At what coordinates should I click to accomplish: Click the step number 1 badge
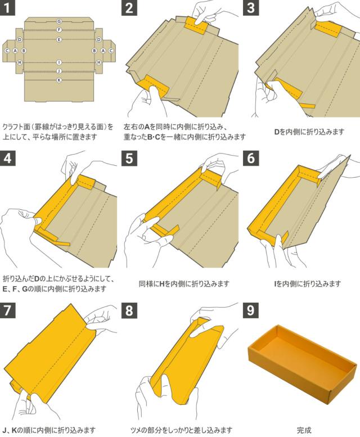pyautogui.click(x=7, y=7)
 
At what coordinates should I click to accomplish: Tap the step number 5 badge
pyautogui.click(x=129, y=158)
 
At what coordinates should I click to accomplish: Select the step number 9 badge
pyautogui.click(x=251, y=310)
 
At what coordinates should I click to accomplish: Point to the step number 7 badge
pyautogui.click(x=7, y=310)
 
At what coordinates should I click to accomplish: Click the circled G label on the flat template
pyautogui.click(x=59, y=21)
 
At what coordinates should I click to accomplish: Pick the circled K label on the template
pyautogui.click(x=59, y=80)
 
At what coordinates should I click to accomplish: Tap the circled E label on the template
pyautogui.click(x=59, y=39)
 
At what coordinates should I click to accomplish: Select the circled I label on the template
pyautogui.click(x=59, y=62)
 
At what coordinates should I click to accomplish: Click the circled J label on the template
pyautogui.click(x=59, y=71)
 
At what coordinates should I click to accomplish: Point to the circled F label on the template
pyautogui.click(x=59, y=30)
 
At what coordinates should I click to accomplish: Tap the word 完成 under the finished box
pyautogui.click(x=304, y=430)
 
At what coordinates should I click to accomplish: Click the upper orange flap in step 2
pyautogui.click(x=196, y=26)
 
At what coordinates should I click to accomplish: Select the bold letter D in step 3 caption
pyautogui.click(x=277, y=132)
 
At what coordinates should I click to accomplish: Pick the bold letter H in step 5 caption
pyautogui.click(x=162, y=284)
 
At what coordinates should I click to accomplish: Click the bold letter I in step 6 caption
pyautogui.click(x=275, y=284)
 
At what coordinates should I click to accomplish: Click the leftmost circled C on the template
pyautogui.click(x=7, y=51)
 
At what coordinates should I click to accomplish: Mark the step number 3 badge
pyautogui.click(x=251, y=7)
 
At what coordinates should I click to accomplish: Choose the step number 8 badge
pyautogui.click(x=129, y=310)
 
